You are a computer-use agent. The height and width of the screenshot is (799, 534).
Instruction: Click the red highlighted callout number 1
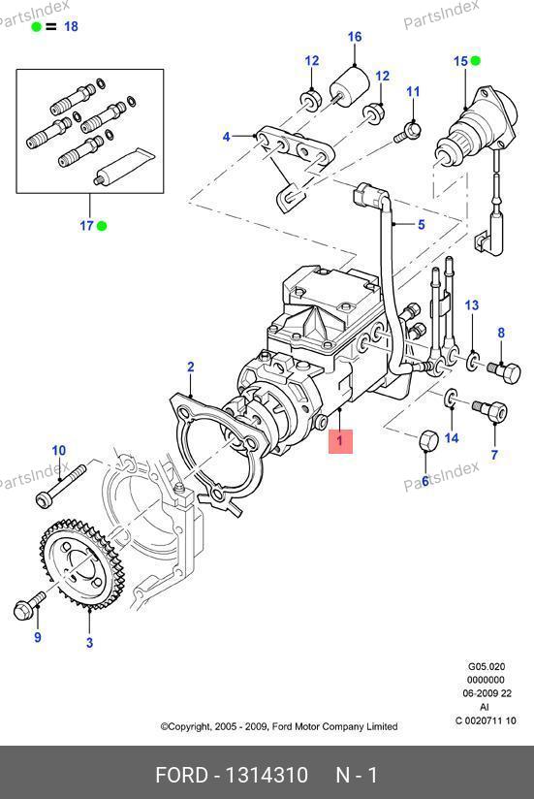point(340,441)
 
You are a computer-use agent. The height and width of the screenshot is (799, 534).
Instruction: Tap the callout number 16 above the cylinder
point(355,37)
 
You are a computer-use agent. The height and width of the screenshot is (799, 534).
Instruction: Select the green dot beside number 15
point(476,61)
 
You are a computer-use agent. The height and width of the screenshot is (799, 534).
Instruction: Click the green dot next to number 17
point(102,226)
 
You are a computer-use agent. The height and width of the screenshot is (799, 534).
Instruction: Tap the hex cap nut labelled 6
point(429,440)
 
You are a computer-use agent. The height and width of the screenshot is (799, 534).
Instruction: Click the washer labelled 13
point(472,362)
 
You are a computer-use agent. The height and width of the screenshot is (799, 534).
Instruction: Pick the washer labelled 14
point(452,399)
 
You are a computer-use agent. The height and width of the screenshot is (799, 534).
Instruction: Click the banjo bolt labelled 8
point(505,371)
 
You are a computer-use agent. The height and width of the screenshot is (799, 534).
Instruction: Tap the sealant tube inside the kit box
point(124,165)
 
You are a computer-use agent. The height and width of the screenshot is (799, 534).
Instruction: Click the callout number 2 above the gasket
point(190,367)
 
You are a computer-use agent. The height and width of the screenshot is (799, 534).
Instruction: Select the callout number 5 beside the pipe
point(421,224)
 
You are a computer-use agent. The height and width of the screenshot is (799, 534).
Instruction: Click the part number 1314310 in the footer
point(267,775)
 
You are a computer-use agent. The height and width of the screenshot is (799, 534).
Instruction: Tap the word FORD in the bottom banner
point(181,775)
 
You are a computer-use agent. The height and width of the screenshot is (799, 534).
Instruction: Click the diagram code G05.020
point(487,666)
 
